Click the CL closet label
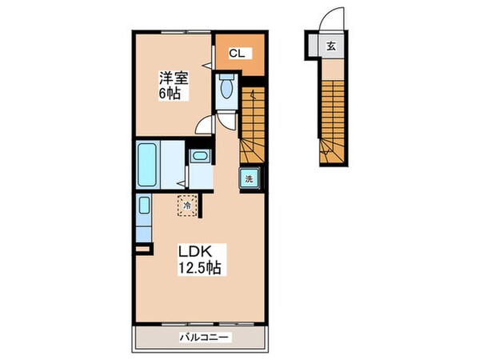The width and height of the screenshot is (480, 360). click(x=237, y=54)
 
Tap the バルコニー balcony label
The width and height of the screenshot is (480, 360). click(x=200, y=338)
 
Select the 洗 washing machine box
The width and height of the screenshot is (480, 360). click(x=248, y=178)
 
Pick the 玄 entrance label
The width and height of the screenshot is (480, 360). click(x=330, y=46)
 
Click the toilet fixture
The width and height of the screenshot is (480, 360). click(x=226, y=87)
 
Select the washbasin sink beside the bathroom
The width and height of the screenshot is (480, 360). click(x=199, y=157)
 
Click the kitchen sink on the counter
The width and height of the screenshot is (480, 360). click(x=144, y=205)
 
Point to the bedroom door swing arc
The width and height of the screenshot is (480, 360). click(x=206, y=124)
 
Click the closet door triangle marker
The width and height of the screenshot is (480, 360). click(x=207, y=62)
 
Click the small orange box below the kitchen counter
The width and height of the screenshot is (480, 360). click(x=142, y=250)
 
